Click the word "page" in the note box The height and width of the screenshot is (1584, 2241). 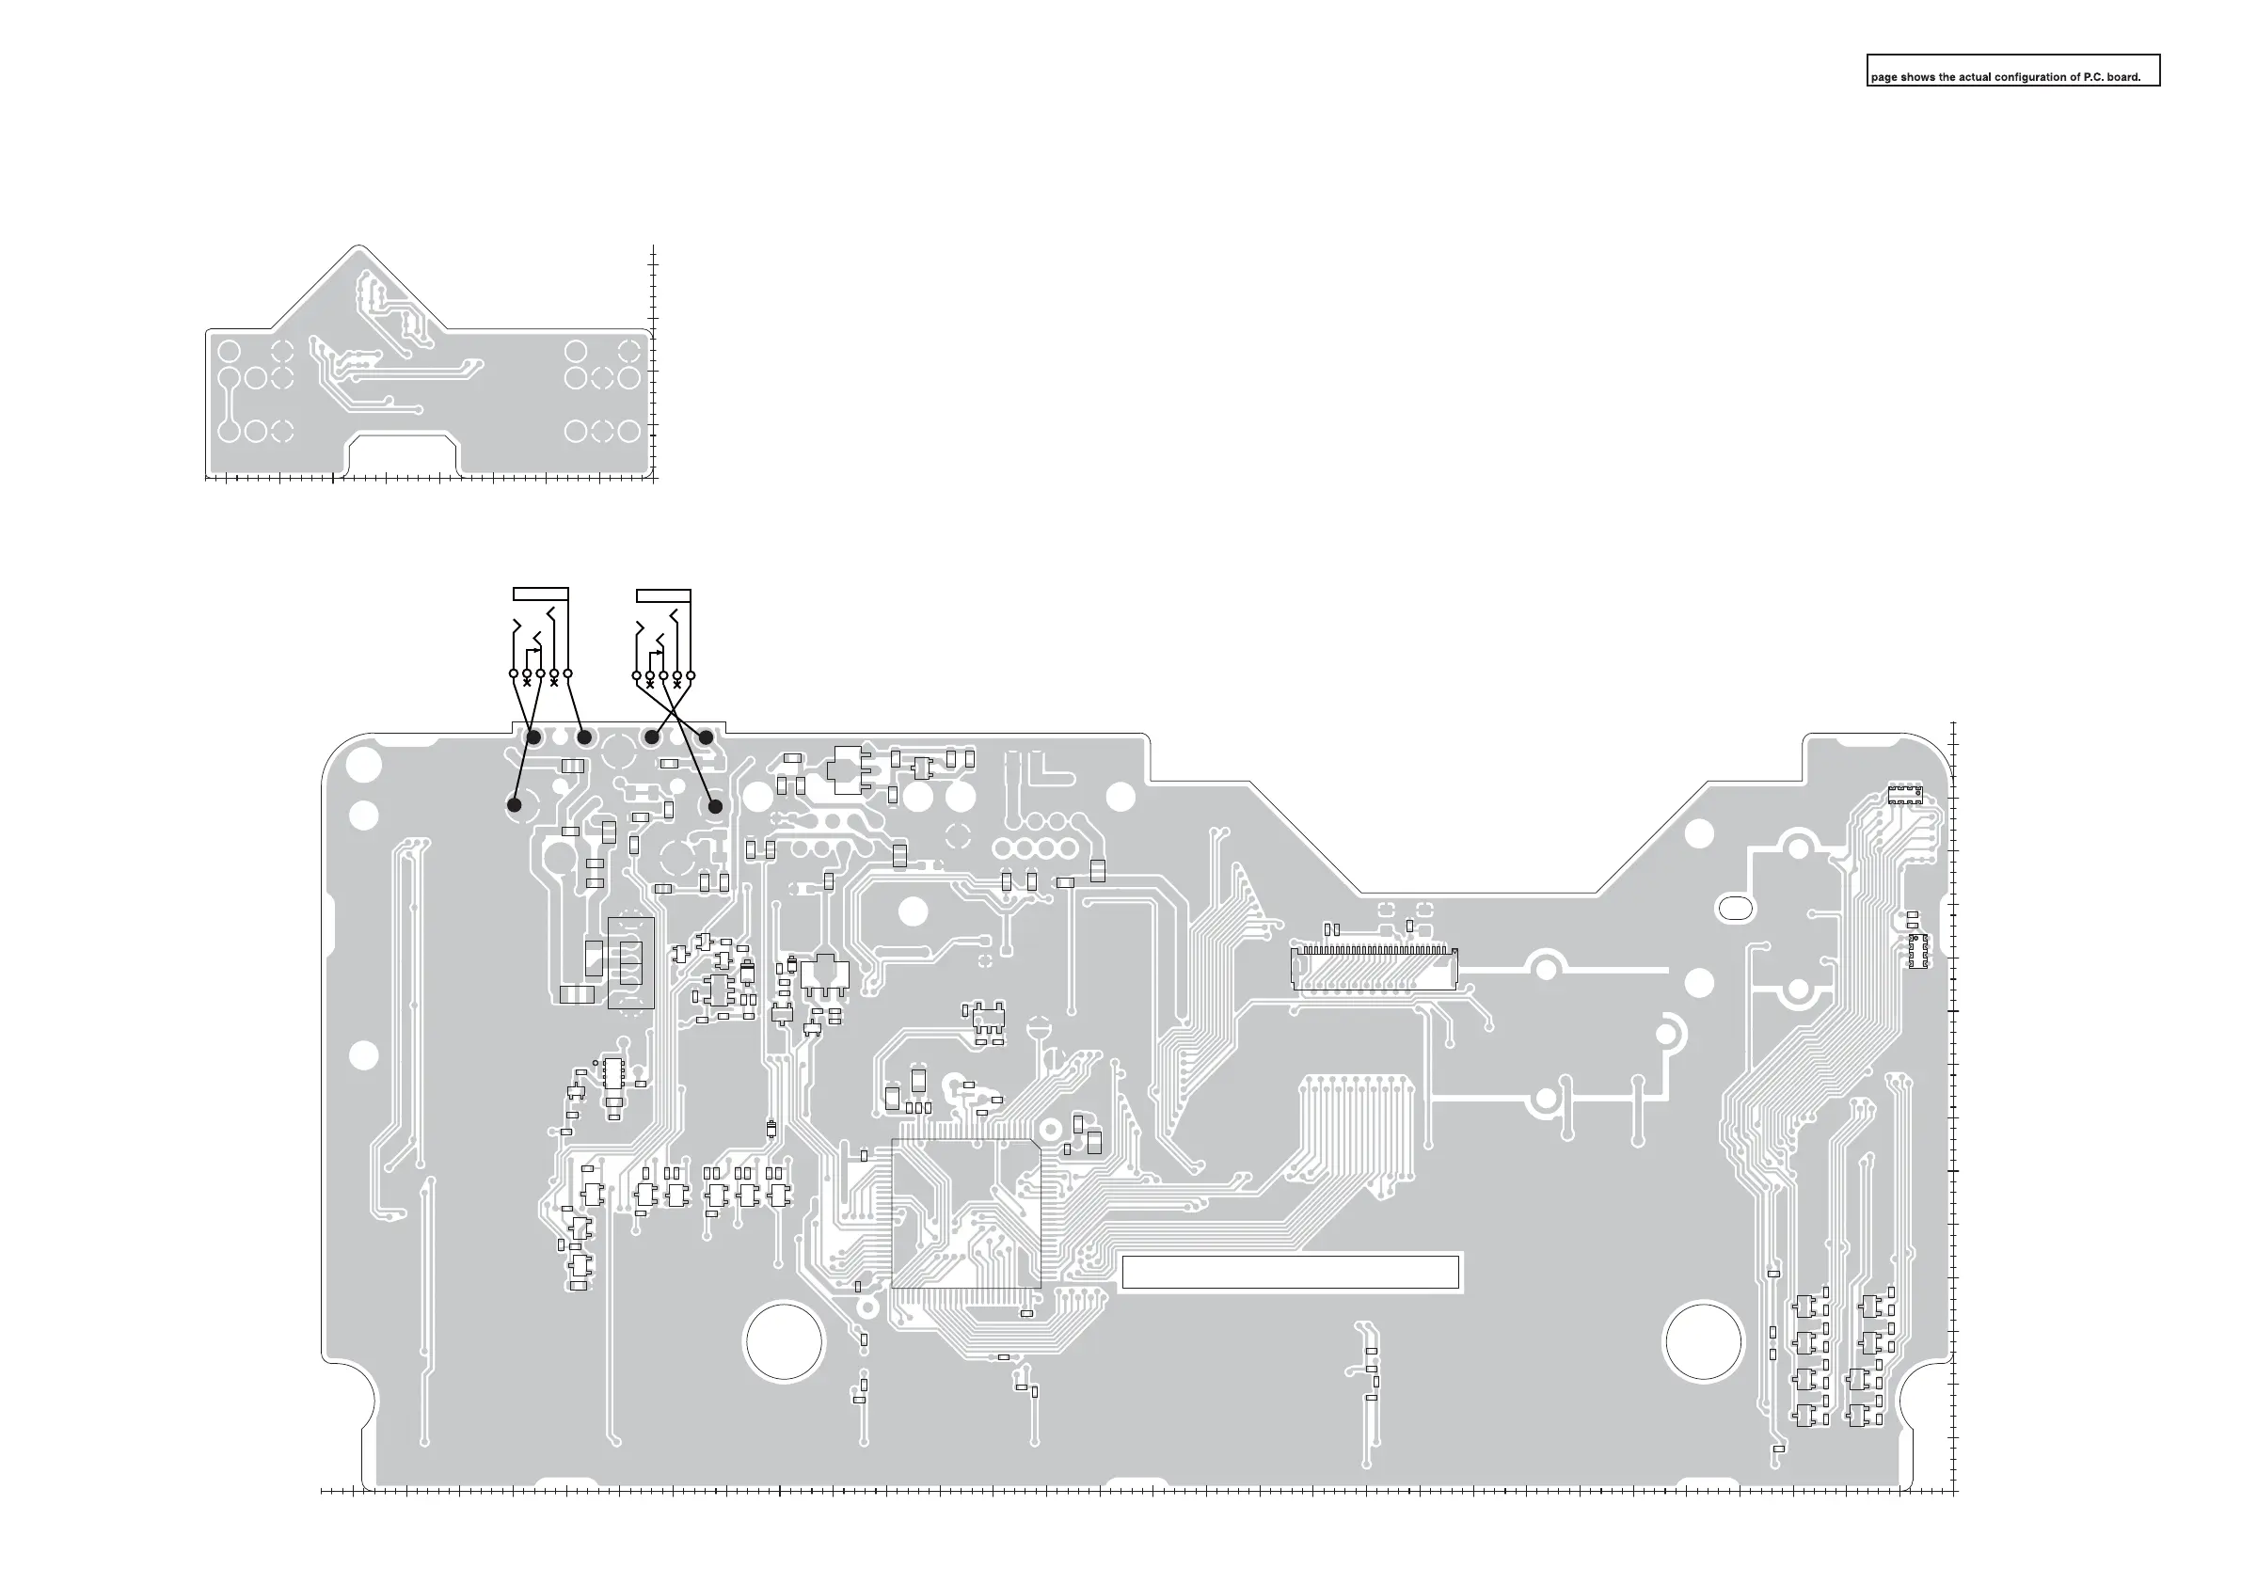point(1883,77)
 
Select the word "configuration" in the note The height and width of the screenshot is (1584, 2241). point(2027,77)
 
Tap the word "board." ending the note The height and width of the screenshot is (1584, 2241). point(2124,77)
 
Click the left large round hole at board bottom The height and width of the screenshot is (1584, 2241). point(784,1341)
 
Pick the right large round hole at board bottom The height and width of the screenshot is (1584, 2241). point(1703,1340)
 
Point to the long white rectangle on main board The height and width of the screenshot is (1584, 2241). point(1291,1272)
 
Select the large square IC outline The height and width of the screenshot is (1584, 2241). point(966,1213)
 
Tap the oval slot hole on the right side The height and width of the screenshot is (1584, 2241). point(1734,908)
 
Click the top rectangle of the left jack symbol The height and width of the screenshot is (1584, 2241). point(541,594)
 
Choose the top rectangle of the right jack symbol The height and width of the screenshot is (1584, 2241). point(663,594)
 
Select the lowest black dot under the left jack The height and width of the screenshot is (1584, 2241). point(515,805)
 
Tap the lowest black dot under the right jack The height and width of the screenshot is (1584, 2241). point(715,806)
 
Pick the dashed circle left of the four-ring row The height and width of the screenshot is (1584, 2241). point(959,835)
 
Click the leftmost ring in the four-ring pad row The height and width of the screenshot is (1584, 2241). point(1006,848)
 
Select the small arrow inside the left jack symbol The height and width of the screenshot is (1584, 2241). point(536,650)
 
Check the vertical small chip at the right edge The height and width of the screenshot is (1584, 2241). point(1918,951)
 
